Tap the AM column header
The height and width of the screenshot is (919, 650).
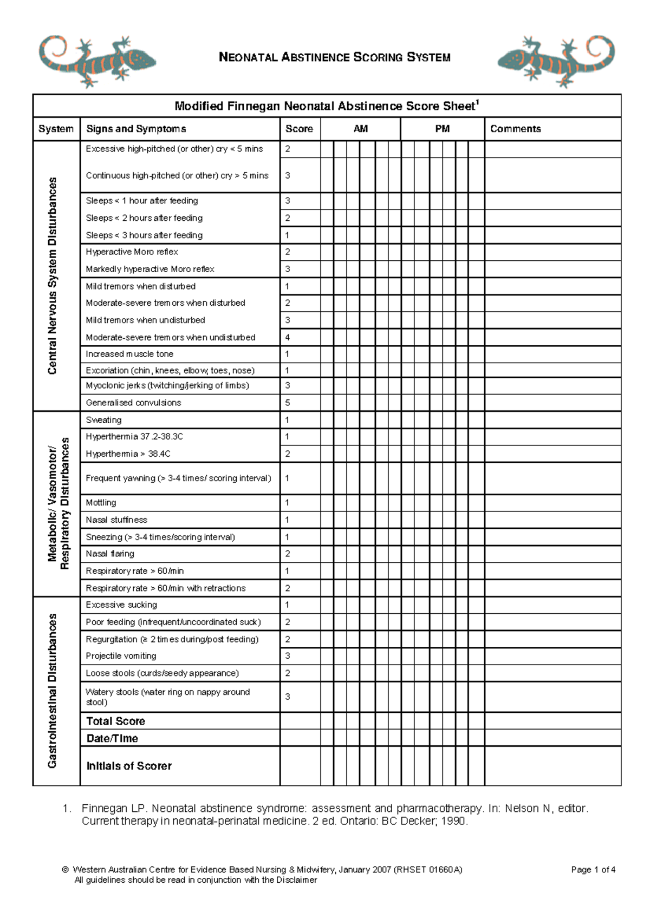(x=360, y=129)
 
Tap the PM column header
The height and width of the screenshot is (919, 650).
(x=442, y=129)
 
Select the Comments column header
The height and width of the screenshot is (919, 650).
(x=515, y=129)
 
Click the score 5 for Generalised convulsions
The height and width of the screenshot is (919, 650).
(x=288, y=403)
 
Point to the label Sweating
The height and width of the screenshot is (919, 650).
(x=103, y=420)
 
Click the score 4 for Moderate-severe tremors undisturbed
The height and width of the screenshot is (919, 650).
(x=288, y=337)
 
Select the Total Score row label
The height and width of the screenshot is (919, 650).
(x=115, y=721)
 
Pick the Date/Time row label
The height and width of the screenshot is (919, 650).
(x=112, y=738)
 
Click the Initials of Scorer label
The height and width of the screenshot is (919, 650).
(x=129, y=766)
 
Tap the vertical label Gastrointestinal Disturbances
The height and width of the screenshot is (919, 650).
(x=53, y=691)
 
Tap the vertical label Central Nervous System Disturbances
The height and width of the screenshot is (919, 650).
(x=53, y=275)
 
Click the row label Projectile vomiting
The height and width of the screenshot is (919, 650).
(x=121, y=656)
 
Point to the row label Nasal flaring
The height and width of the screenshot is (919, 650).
(x=110, y=554)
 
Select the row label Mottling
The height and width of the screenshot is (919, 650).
(x=101, y=503)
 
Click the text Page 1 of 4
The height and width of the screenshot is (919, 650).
(x=593, y=870)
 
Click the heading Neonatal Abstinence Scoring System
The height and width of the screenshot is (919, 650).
(x=334, y=57)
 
